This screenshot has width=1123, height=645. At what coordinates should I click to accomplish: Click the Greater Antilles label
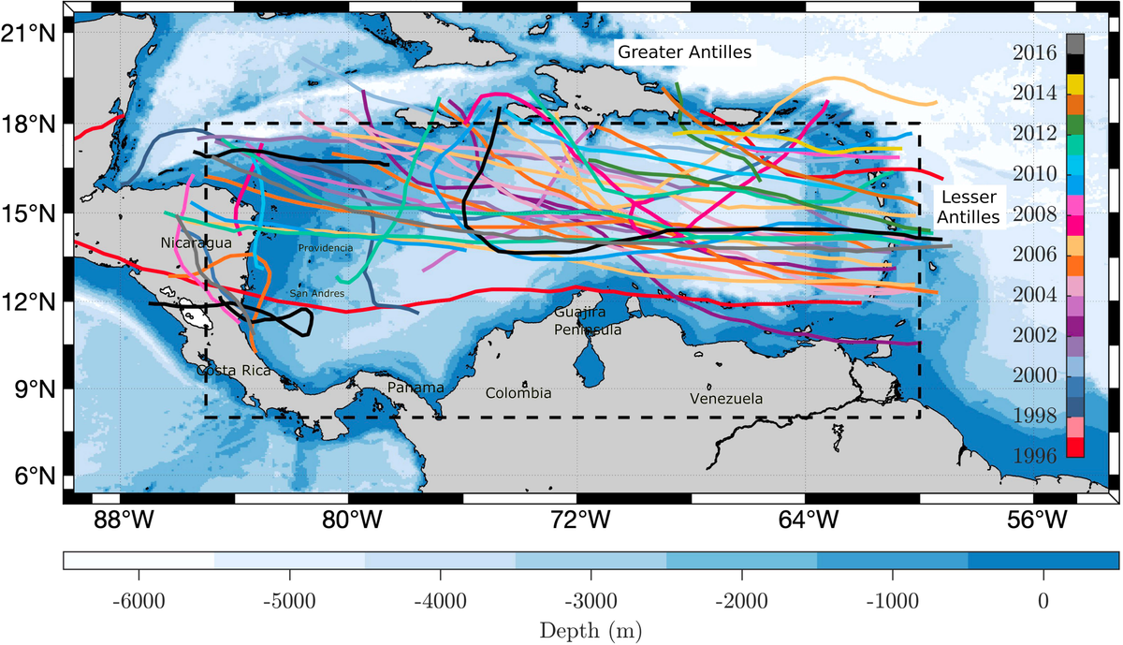point(683,52)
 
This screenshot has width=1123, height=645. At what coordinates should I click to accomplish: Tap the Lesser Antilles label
point(969,207)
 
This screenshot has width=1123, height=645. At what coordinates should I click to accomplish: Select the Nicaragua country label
point(196,243)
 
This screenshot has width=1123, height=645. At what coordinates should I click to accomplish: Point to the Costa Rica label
point(233,371)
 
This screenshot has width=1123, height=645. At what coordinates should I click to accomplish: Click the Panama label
point(415,388)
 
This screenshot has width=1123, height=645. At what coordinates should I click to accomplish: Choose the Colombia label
point(518,393)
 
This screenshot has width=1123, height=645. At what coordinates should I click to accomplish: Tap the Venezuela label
point(726,399)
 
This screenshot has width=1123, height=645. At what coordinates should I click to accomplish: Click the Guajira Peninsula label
point(587,320)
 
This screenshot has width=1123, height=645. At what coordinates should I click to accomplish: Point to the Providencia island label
point(326,248)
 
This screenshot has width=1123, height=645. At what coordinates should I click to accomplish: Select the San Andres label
point(317,294)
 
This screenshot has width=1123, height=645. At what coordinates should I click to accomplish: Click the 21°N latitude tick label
point(34,34)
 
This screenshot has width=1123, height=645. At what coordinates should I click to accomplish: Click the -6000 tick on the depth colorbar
point(138,599)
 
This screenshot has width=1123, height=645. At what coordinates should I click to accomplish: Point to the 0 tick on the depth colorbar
point(1043,599)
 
